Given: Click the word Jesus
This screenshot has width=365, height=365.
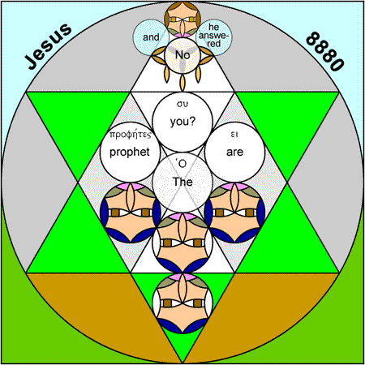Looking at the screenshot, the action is (x=49, y=46).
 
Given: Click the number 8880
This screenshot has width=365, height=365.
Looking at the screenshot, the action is (x=325, y=51).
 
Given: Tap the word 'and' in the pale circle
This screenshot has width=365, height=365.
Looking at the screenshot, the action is (x=151, y=37).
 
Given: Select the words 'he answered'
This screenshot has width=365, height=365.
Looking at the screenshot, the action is (x=213, y=35).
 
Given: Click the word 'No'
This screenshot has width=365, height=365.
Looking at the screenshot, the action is (x=182, y=55).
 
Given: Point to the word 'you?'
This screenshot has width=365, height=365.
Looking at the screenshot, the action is (x=182, y=122).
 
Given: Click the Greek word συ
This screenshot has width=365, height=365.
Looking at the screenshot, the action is (x=182, y=104).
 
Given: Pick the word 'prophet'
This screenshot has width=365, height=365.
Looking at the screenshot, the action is (x=130, y=152).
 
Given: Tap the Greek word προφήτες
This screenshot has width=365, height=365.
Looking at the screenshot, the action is (x=130, y=135).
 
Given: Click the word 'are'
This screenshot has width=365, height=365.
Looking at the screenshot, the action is (x=234, y=152).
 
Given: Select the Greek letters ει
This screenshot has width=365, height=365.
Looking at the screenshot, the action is (x=234, y=134).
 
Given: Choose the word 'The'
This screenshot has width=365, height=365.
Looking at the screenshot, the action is (x=182, y=182).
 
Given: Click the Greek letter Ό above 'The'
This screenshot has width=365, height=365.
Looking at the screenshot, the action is (x=182, y=164).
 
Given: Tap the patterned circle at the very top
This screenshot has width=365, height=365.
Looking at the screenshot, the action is (x=182, y=19).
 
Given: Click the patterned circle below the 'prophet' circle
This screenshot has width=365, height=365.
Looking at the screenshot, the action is (x=131, y=213).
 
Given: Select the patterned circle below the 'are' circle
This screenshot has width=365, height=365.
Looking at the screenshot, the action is (x=234, y=213).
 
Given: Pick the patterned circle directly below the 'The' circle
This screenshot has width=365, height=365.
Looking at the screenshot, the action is (x=182, y=243).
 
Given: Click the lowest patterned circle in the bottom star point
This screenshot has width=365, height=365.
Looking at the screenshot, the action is (x=182, y=303).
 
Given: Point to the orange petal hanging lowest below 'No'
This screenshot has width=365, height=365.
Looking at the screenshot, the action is (x=182, y=82).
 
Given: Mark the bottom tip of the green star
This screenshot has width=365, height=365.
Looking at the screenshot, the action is (x=182, y=363).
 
